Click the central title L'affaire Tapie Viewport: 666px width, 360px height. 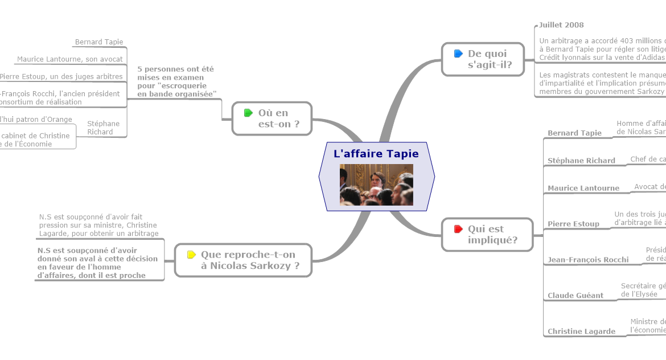(x=376, y=154)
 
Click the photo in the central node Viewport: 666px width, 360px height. (x=376, y=185)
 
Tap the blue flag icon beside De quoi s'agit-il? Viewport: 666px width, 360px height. (x=458, y=54)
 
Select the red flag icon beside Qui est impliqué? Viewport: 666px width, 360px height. (x=458, y=229)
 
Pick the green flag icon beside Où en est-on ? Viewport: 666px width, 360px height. (x=248, y=113)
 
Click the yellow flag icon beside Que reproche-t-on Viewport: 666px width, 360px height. (x=191, y=255)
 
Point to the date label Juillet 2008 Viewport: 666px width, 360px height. (x=561, y=25)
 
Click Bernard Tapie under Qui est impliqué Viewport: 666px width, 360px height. (x=574, y=133)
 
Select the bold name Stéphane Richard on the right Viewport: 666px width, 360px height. (x=581, y=161)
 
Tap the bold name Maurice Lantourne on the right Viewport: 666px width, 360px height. (x=583, y=188)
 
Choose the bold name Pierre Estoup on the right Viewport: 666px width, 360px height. (x=573, y=224)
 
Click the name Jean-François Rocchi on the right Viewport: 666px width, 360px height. (x=588, y=260)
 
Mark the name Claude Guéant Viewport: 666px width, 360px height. (x=575, y=296)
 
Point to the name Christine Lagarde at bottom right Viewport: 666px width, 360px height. (x=581, y=332)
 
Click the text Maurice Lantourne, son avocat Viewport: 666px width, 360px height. (x=70, y=59)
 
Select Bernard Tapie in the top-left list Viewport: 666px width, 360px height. (x=99, y=42)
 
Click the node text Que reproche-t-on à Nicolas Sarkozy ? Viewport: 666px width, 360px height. (x=250, y=260)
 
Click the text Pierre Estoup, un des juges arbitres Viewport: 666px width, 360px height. (x=61, y=76)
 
